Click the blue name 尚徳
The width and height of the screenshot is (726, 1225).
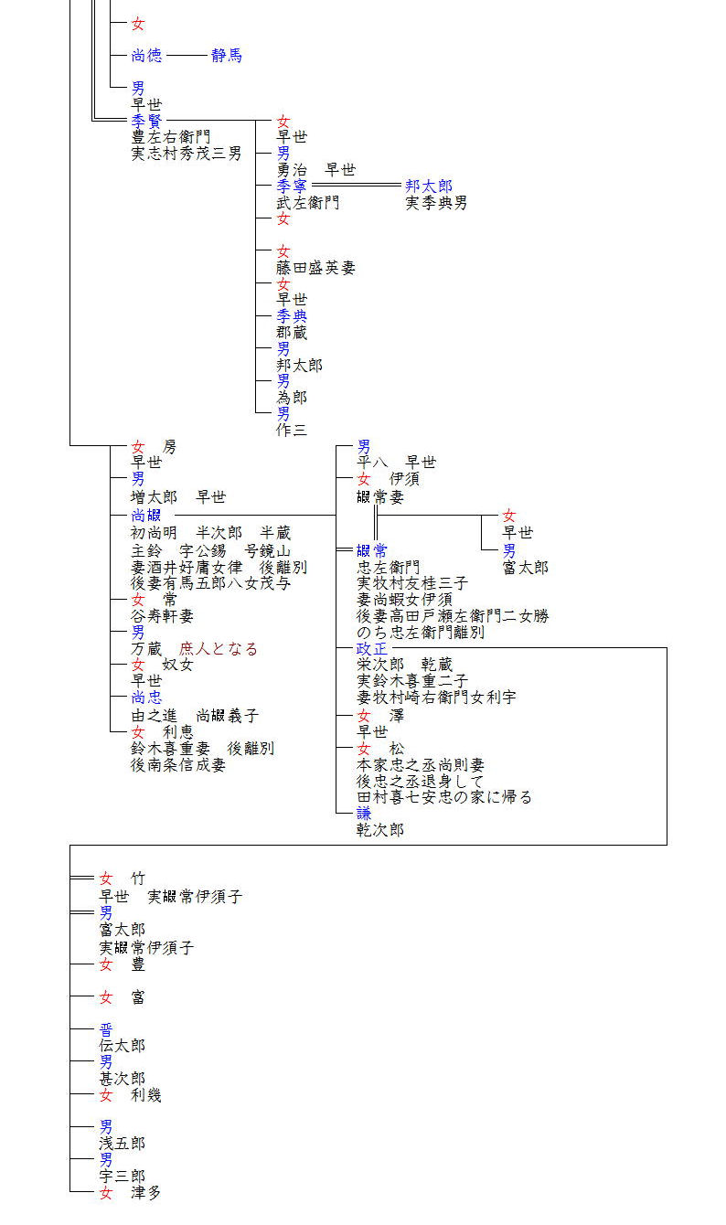146,56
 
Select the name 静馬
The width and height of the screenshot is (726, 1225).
227,56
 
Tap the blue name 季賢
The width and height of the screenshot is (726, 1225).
146,121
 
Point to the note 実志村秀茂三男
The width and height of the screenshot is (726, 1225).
187,154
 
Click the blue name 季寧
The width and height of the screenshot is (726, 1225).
293,186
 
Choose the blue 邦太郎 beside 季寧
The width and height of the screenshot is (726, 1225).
429,186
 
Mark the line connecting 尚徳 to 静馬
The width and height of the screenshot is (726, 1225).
187,56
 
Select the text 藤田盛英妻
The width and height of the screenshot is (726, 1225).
315,268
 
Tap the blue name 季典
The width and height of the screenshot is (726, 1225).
293,316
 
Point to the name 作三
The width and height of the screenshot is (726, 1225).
293,431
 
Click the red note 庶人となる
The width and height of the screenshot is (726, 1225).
219,649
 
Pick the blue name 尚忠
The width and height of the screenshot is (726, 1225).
146,698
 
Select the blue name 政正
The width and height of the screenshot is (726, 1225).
372,649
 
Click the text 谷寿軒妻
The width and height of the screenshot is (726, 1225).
162,616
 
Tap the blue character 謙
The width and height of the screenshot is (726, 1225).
364,813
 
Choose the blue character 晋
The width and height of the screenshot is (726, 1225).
106,1029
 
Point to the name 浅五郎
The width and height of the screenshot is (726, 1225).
122,1144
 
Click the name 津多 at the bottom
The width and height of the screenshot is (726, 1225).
146,1193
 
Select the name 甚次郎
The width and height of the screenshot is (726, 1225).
122,1079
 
